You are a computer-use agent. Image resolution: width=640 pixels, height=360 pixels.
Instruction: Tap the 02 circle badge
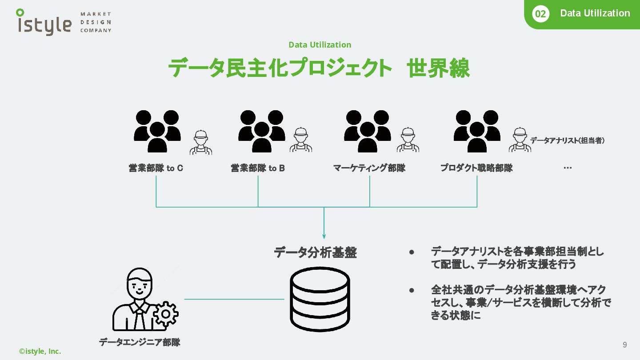tap(540, 14)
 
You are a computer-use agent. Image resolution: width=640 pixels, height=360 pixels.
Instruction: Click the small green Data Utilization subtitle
tap(320, 44)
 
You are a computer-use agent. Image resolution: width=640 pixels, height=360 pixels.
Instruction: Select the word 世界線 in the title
tap(438, 69)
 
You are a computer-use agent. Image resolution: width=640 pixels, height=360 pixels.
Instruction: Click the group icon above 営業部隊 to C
tap(157, 131)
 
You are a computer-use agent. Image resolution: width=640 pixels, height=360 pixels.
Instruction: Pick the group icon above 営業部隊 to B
tap(261, 131)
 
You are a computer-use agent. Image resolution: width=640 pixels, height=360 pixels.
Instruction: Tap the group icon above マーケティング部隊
tap(367, 131)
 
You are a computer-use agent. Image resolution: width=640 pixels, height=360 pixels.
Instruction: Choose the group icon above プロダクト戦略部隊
tap(476, 131)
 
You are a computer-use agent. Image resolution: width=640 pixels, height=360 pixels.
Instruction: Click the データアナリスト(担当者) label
tap(567, 140)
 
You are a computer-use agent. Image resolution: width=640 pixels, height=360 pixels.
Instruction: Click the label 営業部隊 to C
tap(156, 168)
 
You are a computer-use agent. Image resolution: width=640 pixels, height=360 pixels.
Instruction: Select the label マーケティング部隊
tap(369, 168)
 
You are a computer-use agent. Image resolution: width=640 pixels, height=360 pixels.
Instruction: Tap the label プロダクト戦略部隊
tap(476, 168)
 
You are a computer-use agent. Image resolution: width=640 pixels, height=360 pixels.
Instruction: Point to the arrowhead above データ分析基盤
tap(324, 236)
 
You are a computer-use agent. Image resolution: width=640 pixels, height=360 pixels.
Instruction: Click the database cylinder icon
tap(320, 297)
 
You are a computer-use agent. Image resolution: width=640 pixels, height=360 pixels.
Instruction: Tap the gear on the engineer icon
tap(166, 314)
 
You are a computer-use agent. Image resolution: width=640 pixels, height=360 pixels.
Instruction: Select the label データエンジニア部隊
tap(140, 342)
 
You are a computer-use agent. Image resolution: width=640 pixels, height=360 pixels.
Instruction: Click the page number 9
tap(625, 345)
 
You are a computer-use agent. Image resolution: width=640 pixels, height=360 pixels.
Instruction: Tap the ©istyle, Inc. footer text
tap(40, 351)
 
